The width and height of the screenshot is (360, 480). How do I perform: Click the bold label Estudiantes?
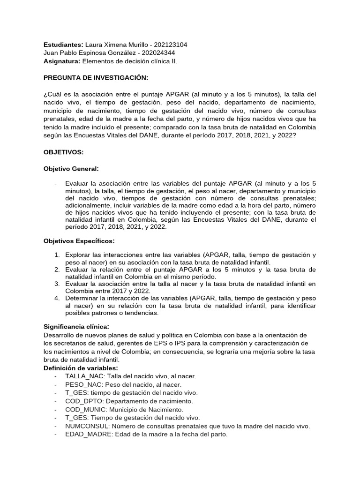(x=63, y=45)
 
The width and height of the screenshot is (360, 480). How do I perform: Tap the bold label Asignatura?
(x=62, y=61)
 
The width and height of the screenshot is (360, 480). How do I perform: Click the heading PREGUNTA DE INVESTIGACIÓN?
(x=96, y=77)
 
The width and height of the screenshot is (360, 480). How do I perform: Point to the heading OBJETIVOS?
(x=63, y=152)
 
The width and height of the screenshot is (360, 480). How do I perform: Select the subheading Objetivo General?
(x=71, y=168)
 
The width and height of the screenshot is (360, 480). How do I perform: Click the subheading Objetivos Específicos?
(x=79, y=240)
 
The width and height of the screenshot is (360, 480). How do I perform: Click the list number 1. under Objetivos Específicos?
(x=57, y=255)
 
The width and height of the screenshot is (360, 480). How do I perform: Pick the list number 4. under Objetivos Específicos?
(x=57, y=298)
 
